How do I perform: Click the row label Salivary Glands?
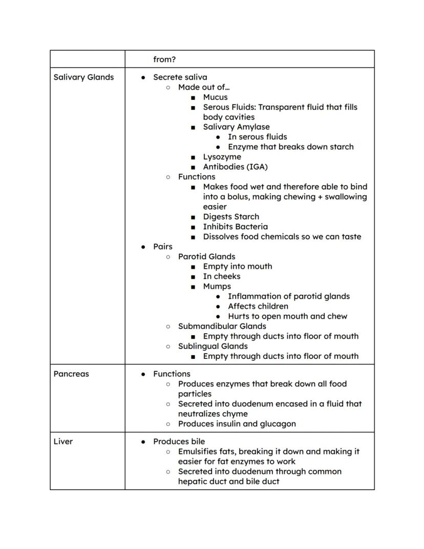[83, 77]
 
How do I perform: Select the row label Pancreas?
[71, 374]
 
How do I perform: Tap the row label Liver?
[63, 442]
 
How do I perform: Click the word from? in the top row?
[164, 59]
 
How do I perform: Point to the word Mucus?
[215, 97]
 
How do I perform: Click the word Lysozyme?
[222, 157]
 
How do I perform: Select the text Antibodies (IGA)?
[235, 167]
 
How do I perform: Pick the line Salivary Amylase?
[236, 127]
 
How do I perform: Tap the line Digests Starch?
[231, 217]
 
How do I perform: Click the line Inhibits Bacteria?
[235, 227]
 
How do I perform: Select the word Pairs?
[163, 247]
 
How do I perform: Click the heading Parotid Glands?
[206, 257]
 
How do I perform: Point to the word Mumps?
[217, 287]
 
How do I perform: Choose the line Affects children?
[258, 307]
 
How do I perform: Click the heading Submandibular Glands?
[222, 327]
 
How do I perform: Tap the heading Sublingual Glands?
[213, 347]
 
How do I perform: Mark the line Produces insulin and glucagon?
[237, 424]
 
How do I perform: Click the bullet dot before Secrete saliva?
[143, 78]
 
